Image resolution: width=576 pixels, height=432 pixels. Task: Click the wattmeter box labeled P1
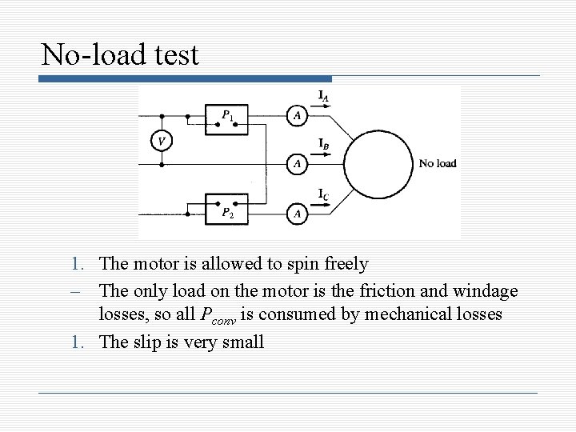[226, 118]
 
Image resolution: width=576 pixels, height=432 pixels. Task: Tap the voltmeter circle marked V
[162, 141]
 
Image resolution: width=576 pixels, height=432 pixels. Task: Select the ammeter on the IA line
[298, 117]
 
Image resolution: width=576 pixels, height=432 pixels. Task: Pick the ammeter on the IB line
[298, 164]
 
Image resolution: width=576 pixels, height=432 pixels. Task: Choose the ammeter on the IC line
[298, 214]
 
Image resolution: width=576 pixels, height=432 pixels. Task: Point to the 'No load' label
[438, 163]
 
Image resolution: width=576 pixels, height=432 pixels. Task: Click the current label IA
[323, 97]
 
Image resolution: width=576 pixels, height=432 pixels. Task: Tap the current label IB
[323, 144]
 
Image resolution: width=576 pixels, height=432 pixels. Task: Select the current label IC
[322, 194]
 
